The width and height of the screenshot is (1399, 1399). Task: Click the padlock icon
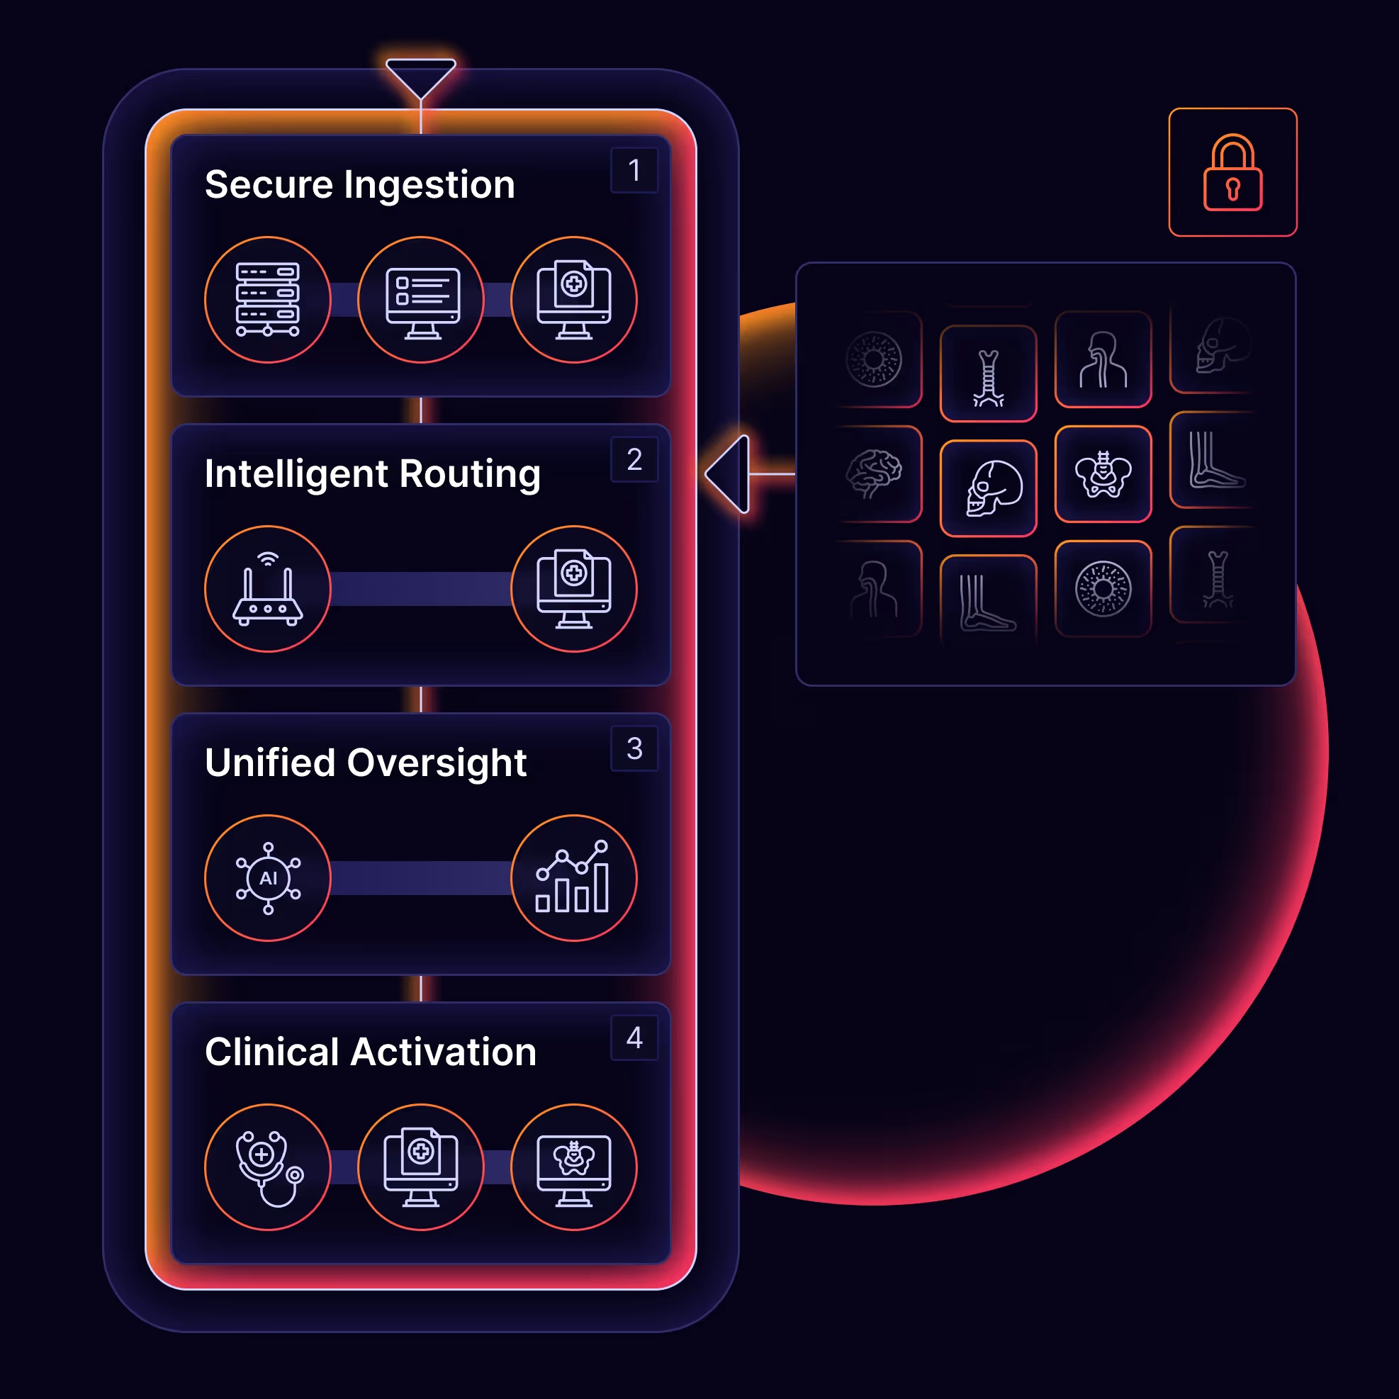click(x=1232, y=173)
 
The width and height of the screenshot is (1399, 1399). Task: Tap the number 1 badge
click(x=634, y=171)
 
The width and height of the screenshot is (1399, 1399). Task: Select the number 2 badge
click(x=634, y=460)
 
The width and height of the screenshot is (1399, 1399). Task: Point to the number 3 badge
click(x=634, y=748)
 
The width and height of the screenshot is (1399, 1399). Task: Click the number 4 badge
click(x=634, y=1038)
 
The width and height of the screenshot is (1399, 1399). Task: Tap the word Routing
click(x=470, y=474)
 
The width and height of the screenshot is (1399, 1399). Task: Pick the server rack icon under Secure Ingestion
click(x=268, y=300)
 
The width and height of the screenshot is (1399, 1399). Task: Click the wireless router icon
click(x=268, y=589)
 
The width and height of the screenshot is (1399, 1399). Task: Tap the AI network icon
click(x=268, y=877)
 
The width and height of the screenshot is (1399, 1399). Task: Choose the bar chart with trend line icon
click(x=573, y=877)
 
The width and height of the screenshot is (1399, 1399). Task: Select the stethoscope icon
click(x=268, y=1167)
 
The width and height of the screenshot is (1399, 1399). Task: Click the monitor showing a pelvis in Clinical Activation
click(x=573, y=1167)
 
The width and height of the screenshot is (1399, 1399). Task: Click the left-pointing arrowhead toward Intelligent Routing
click(x=730, y=474)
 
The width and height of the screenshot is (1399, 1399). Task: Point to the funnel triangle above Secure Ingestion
click(x=421, y=76)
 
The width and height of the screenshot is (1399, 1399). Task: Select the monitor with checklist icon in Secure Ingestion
click(x=421, y=300)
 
